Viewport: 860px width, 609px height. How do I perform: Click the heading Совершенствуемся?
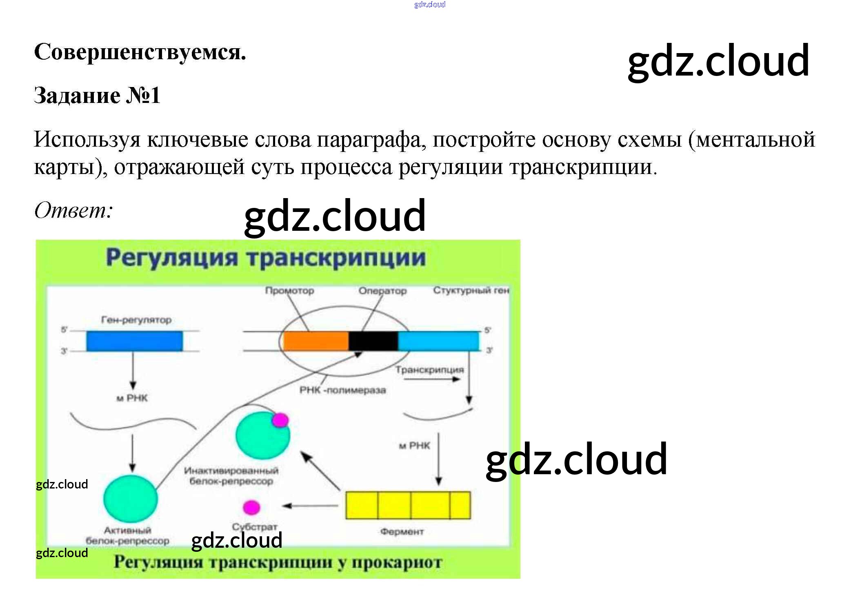pos(140,53)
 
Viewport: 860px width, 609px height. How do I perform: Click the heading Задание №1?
pos(97,96)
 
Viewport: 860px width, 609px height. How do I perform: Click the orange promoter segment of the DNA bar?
pos(316,341)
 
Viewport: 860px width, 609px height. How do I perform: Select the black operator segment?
pos(373,341)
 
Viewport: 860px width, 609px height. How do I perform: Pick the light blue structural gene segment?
pos(438,341)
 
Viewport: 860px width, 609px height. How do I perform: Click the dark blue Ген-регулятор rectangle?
pos(134,341)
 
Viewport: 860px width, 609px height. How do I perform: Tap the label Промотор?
pos(289,291)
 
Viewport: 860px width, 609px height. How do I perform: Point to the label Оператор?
pos(382,291)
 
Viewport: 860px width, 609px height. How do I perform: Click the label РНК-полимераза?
pos(342,390)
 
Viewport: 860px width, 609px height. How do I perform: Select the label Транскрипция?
pos(429,370)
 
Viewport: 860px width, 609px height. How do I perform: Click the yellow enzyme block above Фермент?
pos(408,505)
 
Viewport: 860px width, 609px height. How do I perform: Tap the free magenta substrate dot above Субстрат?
pos(251,507)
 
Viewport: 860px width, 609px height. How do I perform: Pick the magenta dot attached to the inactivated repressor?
pos(280,420)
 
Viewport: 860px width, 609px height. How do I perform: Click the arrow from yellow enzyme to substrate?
pos(310,506)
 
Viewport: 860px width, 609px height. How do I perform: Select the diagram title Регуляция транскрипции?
pos(266,258)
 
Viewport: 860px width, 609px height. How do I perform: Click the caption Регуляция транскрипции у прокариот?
pos(278,562)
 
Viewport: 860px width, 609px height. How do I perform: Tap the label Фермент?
pos(402,531)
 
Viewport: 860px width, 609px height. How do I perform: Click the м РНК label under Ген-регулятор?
pos(132,398)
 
